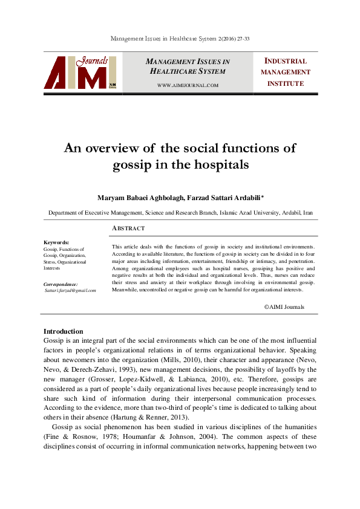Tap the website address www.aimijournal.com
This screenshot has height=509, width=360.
click(x=188, y=85)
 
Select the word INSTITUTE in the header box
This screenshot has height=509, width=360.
click(x=286, y=83)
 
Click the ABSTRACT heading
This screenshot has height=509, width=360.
click(x=129, y=229)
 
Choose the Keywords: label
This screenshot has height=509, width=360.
click(x=56, y=242)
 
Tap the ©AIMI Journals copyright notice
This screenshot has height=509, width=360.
click(x=284, y=307)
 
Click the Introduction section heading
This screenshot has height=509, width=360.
click(x=64, y=331)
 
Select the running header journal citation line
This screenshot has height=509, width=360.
click(x=180, y=39)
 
